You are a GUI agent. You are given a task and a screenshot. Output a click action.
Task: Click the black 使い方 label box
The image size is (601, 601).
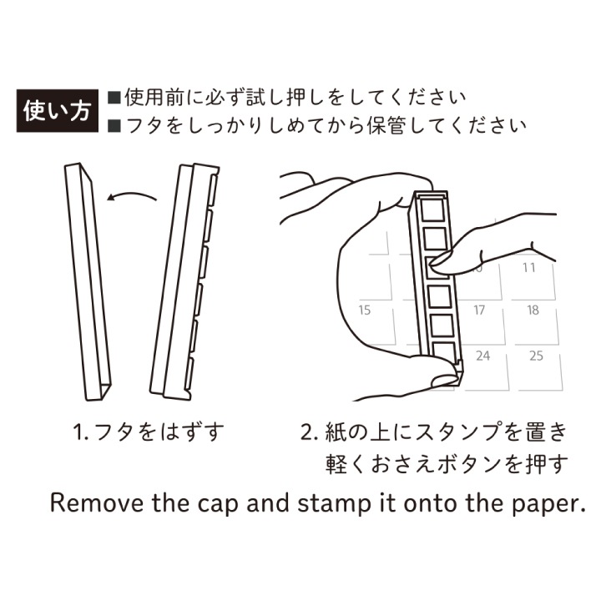(x=57, y=110)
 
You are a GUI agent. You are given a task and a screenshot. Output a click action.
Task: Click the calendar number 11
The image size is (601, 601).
(x=528, y=268)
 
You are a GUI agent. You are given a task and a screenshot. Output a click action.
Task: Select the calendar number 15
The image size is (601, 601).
(x=364, y=311)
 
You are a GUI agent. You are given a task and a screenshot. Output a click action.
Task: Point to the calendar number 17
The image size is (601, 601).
(x=479, y=311)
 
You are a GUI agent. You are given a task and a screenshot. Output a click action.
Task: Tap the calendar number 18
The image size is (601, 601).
(x=533, y=311)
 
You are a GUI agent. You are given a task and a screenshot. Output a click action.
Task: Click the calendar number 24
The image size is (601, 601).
(x=482, y=356)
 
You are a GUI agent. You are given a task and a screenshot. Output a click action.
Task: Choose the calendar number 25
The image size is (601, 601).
(x=536, y=356)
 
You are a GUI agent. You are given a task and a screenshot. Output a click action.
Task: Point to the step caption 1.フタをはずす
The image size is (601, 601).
(x=149, y=433)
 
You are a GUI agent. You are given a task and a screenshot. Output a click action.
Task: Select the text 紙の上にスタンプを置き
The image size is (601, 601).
(x=433, y=433)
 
